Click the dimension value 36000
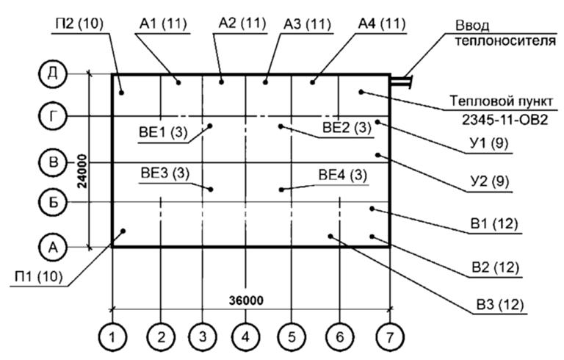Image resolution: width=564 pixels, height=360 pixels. pyautogui.click(x=246, y=301)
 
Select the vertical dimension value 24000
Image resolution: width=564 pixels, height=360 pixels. pyautogui.click(x=82, y=171)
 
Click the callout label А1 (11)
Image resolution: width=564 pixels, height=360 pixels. pyautogui.click(x=164, y=24)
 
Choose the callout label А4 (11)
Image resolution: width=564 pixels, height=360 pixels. pyautogui.click(x=381, y=24)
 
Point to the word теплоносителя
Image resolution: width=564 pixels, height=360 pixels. pyautogui.click(x=509, y=40)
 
